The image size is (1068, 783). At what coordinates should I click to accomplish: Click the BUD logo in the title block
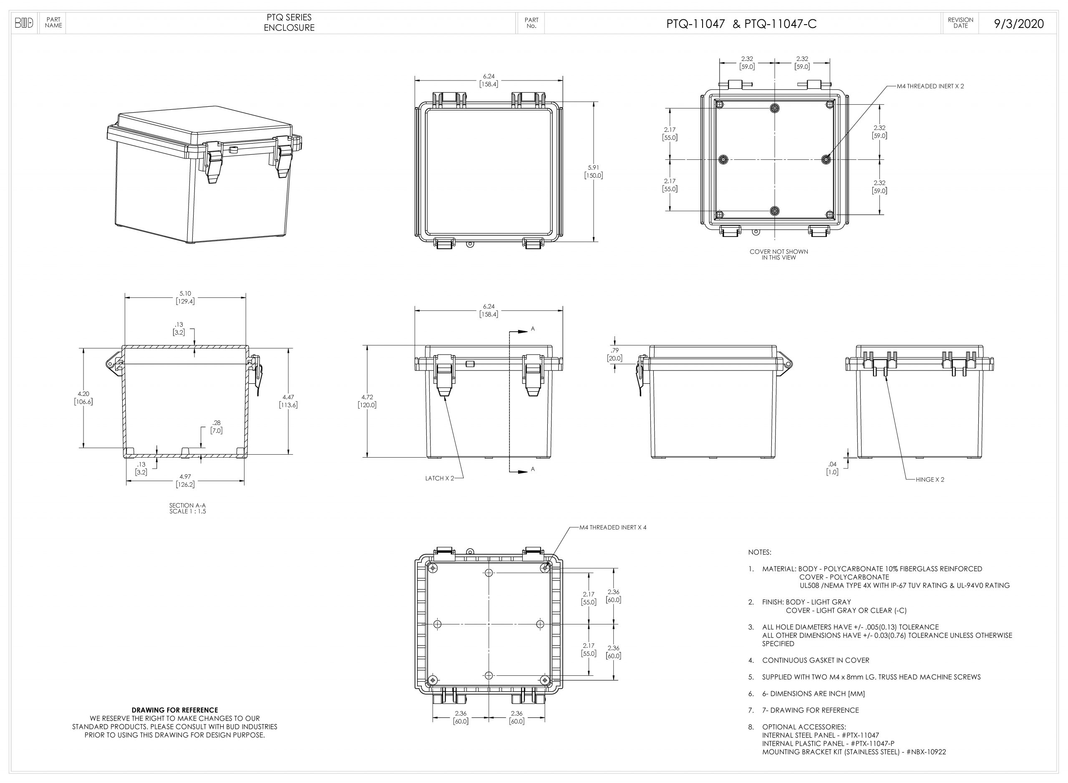tap(24, 23)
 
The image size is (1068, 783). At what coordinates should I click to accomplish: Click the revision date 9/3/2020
tap(1019, 24)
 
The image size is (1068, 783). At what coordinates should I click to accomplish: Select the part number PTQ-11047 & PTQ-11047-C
tap(741, 24)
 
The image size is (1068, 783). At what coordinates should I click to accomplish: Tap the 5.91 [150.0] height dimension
tap(594, 171)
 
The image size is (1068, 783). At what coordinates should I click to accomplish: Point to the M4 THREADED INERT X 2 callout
tap(930, 86)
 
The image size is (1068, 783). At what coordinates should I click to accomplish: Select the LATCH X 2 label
tap(439, 478)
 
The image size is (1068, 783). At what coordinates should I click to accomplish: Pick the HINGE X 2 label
tap(930, 480)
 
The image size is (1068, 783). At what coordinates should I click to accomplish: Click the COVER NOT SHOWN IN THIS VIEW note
tap(779, 254)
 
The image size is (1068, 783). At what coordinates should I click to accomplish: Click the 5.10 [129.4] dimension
tap(185, 297)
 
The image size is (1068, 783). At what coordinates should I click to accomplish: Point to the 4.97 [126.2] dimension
tap(185, 480)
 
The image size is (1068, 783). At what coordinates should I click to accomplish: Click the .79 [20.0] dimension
tap(615, 354)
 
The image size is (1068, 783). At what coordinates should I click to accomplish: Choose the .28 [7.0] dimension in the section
tap(217, 427)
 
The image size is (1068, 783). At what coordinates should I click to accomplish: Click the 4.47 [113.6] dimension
tap(288, 401)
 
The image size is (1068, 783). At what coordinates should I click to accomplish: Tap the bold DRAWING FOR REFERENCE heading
tap(175, 710)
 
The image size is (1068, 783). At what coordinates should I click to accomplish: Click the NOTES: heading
tap(759, 552)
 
